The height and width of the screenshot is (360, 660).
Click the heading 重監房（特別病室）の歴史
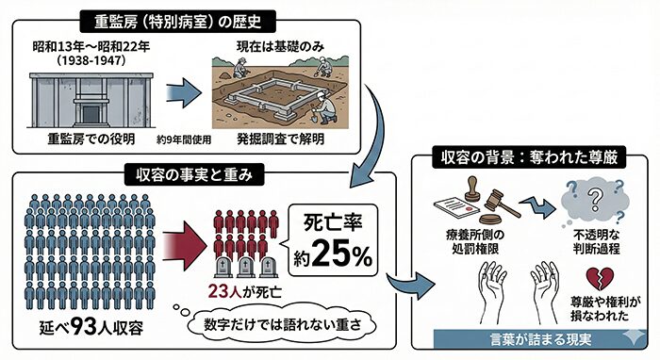(182, 19)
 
